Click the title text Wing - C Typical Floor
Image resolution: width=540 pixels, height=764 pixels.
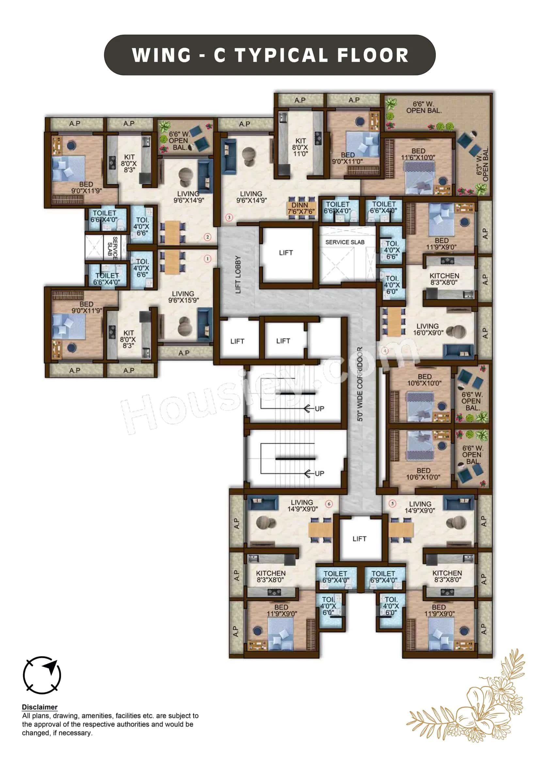(x=270, y=55)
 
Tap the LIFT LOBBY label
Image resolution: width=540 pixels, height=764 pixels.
(x=238, y=274)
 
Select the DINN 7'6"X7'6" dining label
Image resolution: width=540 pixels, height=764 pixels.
(x=301, y=208)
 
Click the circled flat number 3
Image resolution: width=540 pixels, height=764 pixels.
(x=229, y=218)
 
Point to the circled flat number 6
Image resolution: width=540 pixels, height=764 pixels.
(x=329, y=504)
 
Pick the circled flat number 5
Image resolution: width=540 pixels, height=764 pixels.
(x=392, y=503)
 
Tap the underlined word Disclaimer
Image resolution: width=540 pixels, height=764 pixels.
(x=40, y=707)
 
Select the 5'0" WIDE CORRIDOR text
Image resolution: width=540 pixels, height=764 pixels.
(x=360, y=384)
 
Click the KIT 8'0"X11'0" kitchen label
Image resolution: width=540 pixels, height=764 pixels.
(x=300, y=147)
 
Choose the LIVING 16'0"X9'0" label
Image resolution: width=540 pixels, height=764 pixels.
(x=428, y=329)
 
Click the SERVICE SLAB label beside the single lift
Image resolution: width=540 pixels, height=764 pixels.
(x=345, y=242)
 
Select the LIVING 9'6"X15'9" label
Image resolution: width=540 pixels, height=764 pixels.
(x=183, y=297)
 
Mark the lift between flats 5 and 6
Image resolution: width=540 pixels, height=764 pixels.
(x=359, y=538)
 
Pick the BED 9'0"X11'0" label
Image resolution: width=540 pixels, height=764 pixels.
(x=347, y=158)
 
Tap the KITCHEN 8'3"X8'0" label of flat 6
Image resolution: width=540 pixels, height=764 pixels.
(x=271, y=576)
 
